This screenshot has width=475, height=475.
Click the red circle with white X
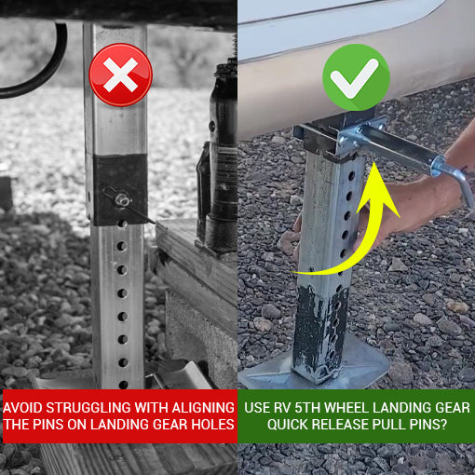(120, 75)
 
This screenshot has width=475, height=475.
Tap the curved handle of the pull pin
(460, 183)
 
